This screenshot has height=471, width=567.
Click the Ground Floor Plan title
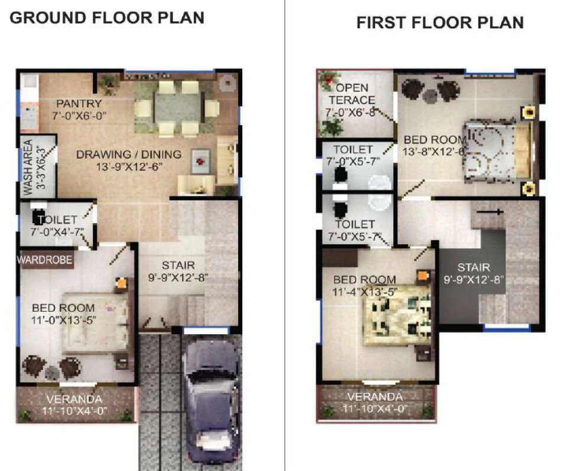pyautogui.click(x=107, y=18)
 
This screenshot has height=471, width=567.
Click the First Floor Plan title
pyautogui.click(x=440, y=22)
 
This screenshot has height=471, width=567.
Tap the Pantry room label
pyautogui.click(x=79, y=104)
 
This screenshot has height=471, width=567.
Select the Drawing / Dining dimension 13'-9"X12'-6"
pyautogui.click(x=129, y=167)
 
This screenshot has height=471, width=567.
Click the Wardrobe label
pyautogui.click(x=45, y=260)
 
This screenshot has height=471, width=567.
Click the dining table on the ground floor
pyautogui.click(x=177, y=109)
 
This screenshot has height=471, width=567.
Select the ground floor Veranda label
pyautogui.click(x=74, y=399)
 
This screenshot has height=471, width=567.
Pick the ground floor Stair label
pyautogui.click(x=178, y=266)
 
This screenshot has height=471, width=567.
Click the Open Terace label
pyautogui.click(x=352, y=94)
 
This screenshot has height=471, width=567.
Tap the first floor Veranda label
pyautogui.click(x=375, y=397)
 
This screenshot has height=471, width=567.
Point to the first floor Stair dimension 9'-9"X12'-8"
pyautogui.click(x=474, y=280)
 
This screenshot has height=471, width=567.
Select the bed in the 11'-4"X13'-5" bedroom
pyautogui.click(x=397, y=315)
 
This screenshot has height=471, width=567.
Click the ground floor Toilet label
pyautogui.click(x=58, y=220)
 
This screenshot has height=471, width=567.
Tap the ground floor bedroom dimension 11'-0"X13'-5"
pyautogui.click(x=63, y=320)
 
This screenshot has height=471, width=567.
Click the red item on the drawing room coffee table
pyautogui.click(x=201, y=161)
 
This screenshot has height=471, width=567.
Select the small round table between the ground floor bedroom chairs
pyautogui.click(x=52, y=371)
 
